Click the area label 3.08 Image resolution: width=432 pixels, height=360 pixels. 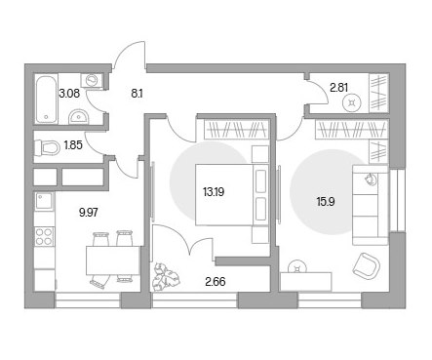point(69,94)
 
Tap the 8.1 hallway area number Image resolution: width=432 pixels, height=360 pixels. point(137,94)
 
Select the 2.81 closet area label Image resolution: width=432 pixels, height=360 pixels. point(339,88)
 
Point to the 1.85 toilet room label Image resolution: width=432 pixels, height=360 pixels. point(73,145)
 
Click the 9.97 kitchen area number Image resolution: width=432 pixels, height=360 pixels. point(89,213)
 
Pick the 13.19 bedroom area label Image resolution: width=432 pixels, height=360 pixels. point(214,192)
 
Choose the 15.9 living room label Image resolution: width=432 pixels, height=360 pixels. point(326,202)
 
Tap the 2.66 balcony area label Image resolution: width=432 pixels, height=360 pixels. point(216,281)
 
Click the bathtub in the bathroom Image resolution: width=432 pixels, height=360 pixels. point(47,100)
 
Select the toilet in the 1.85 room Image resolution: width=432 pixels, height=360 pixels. point(48,147)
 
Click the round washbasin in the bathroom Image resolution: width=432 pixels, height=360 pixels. point(78,117)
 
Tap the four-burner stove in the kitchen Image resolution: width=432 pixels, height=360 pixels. point(44,236)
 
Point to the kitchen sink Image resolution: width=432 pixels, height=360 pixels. point(44,201)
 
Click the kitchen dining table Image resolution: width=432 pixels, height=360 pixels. point(113,260)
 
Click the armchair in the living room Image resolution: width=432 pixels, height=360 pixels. point(367,266)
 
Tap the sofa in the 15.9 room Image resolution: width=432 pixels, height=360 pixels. point(371,205)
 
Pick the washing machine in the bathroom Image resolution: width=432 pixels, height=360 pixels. point(92,80)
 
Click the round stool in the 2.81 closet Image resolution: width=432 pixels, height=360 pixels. point(352,103)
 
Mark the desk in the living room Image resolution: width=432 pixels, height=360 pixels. point(305,282)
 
